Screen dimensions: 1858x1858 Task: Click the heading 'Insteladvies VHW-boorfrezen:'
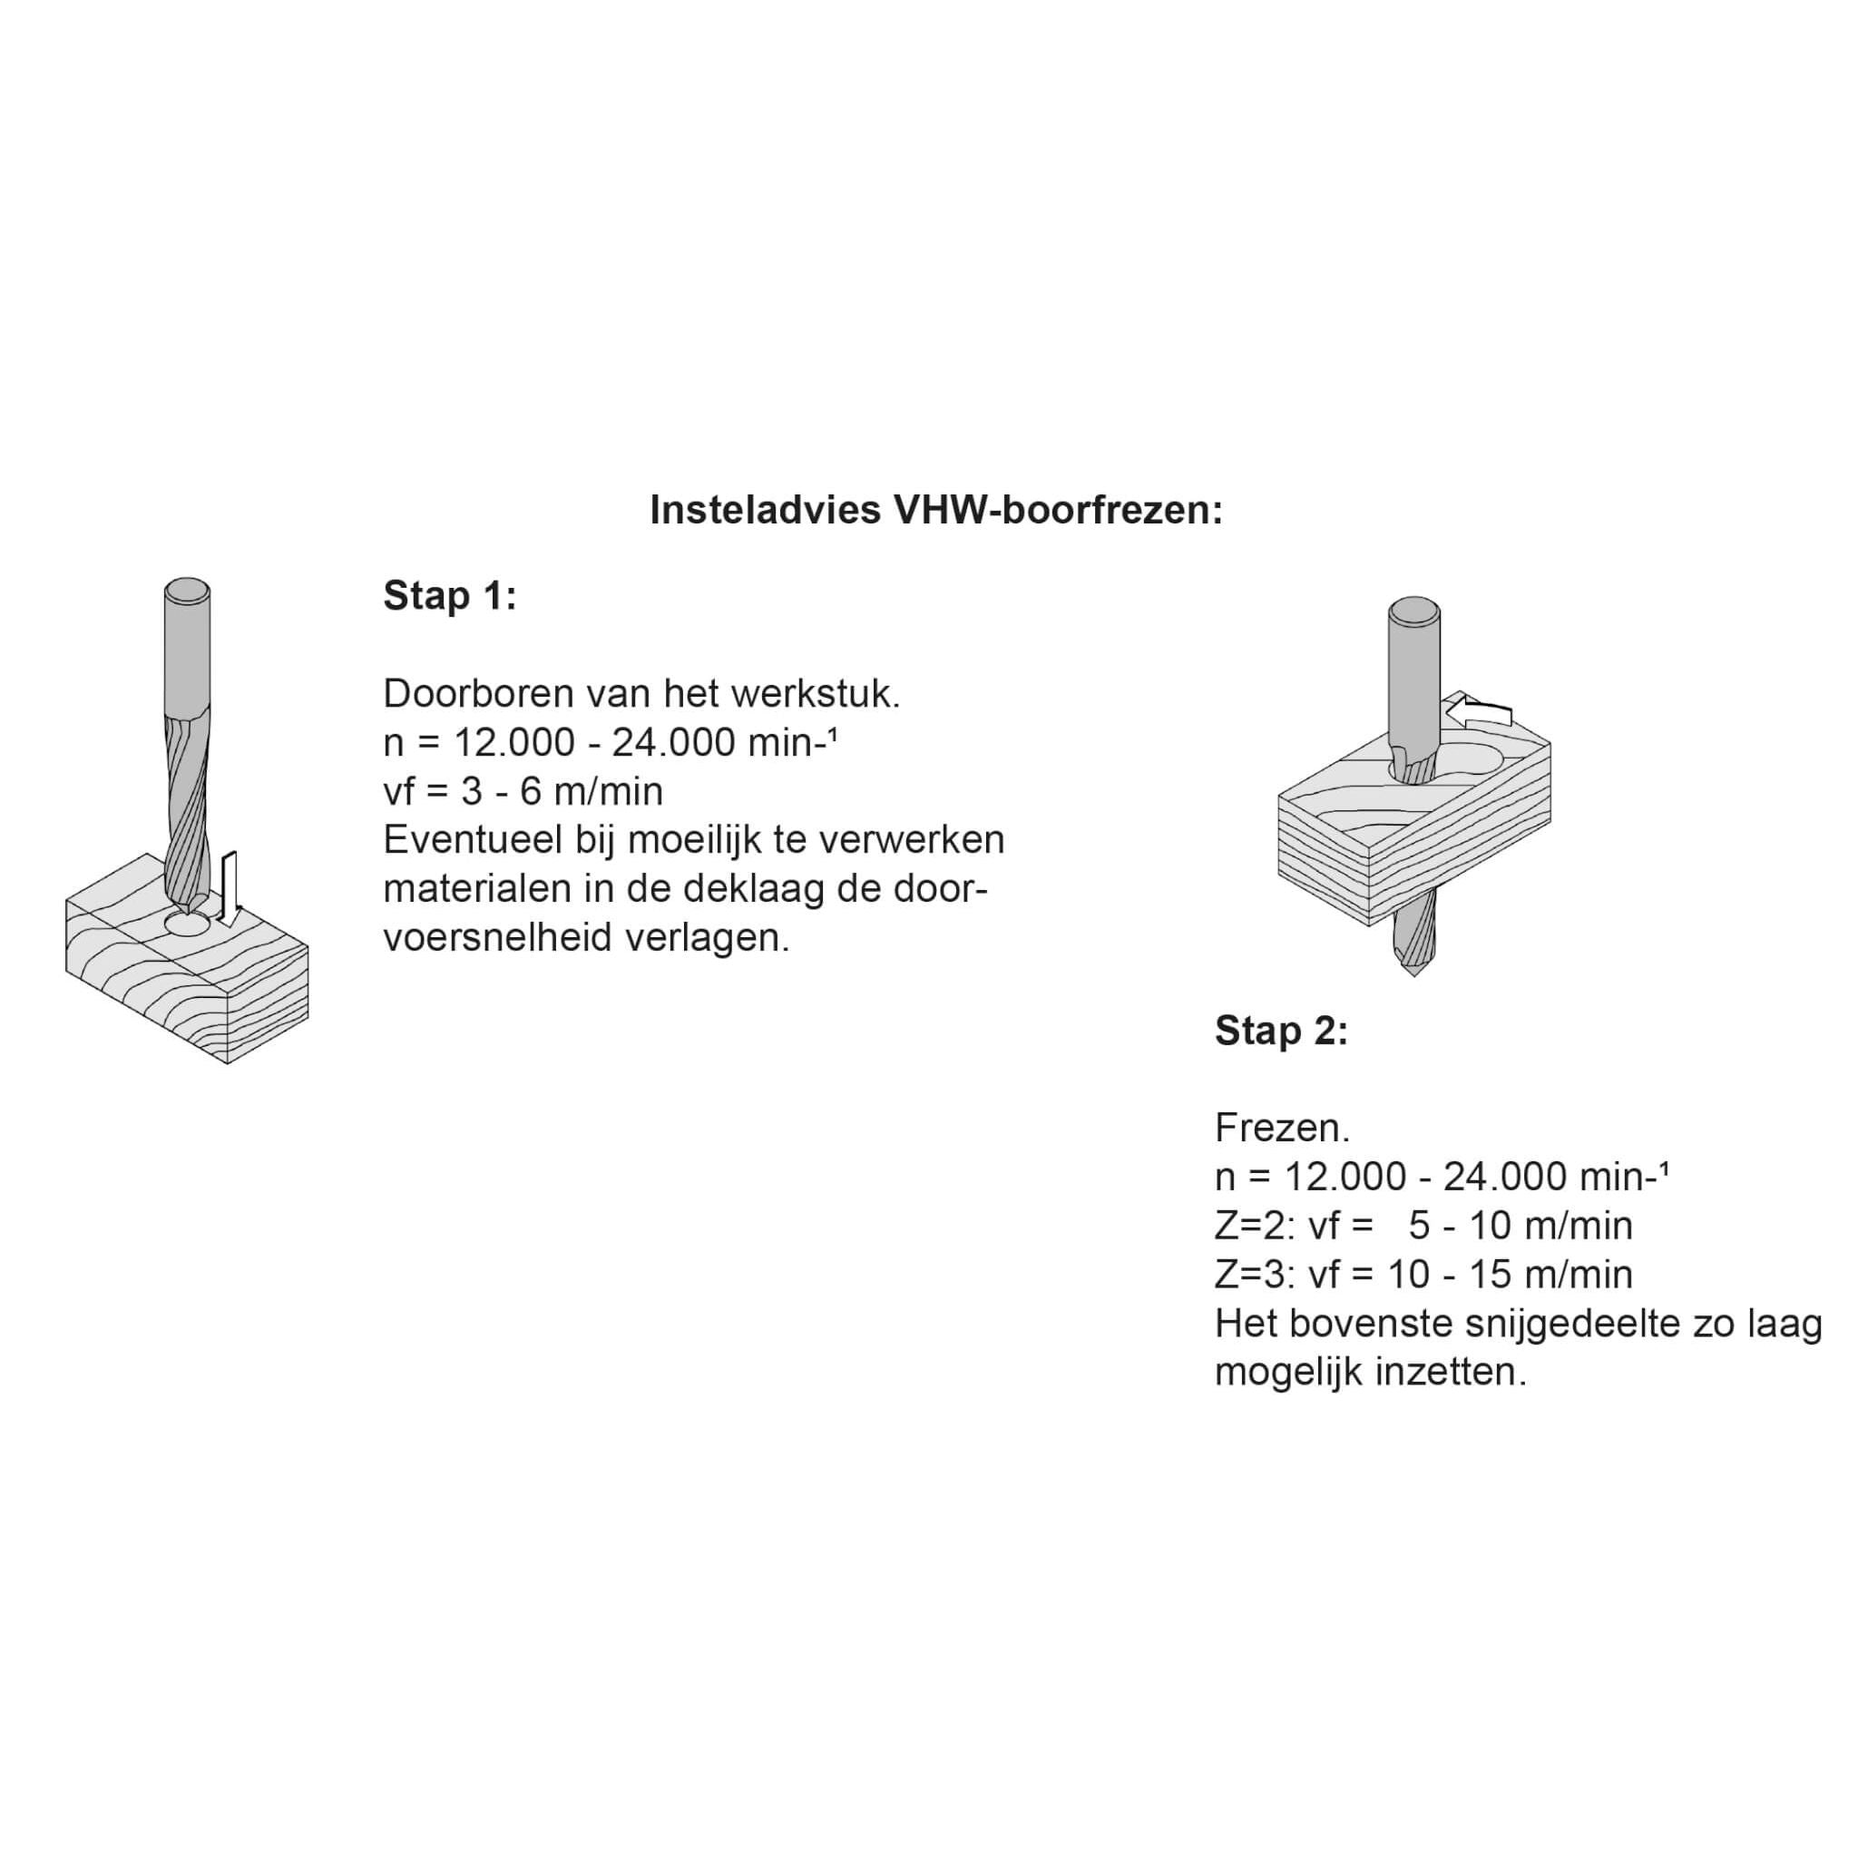pos(935,510)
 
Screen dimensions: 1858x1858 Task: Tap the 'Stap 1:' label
pos(450,596)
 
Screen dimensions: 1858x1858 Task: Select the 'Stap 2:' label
pos(1281,1031)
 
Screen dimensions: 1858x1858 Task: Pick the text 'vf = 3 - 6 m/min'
pos(523,791)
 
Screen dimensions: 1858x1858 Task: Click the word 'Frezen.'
pos(1282,1128)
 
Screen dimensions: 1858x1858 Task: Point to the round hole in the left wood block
pos(188,924)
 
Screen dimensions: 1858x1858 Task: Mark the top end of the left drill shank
pos(188,590)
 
